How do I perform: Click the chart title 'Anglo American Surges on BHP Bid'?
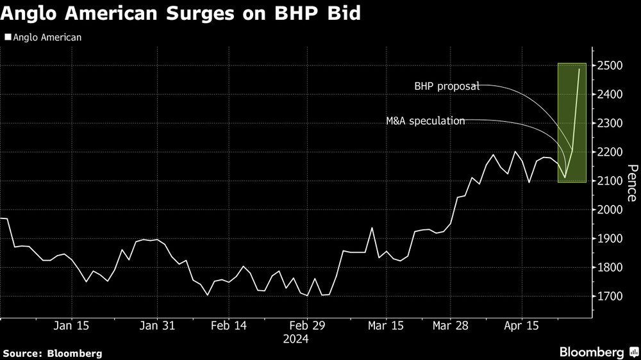point(180,13)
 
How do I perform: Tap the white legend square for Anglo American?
point(7,37)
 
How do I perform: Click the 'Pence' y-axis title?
point(631,183)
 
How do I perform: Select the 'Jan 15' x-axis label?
point(71,325)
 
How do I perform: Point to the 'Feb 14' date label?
point(228,325)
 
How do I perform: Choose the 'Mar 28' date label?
point(451,325)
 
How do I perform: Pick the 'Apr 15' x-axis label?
point(521,325)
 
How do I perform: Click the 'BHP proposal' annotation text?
point(447,86)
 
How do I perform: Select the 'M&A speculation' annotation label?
point(426,120)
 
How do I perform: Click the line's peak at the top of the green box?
point(579,69)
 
